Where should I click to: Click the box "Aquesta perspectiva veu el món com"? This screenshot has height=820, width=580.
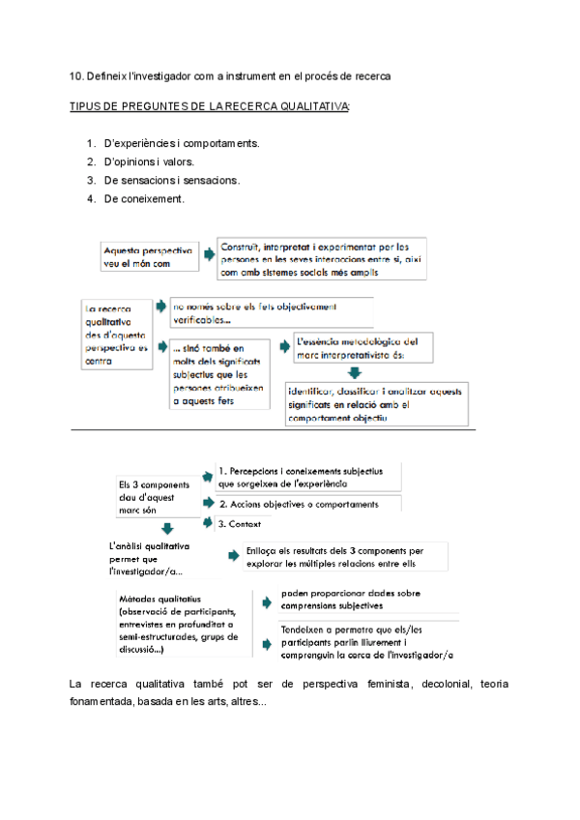coord(148,256)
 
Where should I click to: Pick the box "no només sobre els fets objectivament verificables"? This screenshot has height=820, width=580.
coord(270,313)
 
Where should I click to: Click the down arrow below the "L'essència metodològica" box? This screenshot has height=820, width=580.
coord(354,372)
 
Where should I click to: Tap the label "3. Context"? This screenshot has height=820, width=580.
coord(238,524)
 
